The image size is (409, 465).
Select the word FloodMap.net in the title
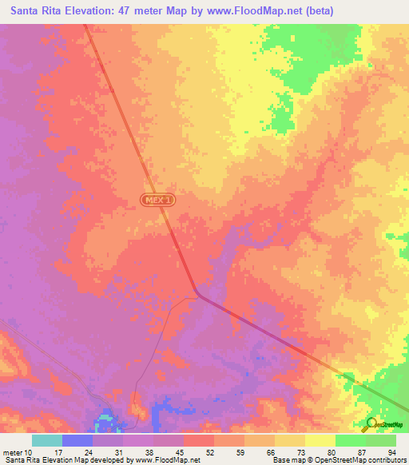[264, 11]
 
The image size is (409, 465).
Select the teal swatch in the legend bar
[47, 441]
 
